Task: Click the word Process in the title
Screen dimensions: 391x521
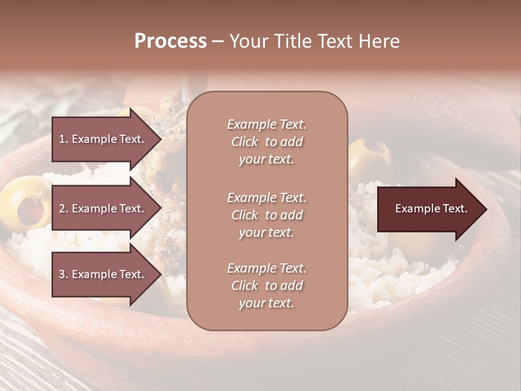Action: coord(170,41)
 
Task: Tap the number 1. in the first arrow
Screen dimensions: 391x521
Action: coord(63,139)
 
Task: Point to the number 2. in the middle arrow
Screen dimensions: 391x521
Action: coord(63,209)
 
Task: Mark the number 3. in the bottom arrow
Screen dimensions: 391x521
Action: coord(63,274)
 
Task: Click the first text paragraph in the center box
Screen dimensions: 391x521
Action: coord(266,142)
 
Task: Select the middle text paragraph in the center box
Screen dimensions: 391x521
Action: coord(266,215)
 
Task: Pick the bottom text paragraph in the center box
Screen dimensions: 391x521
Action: coord(266,286)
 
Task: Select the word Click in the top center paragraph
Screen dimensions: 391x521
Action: coord(245,142)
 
